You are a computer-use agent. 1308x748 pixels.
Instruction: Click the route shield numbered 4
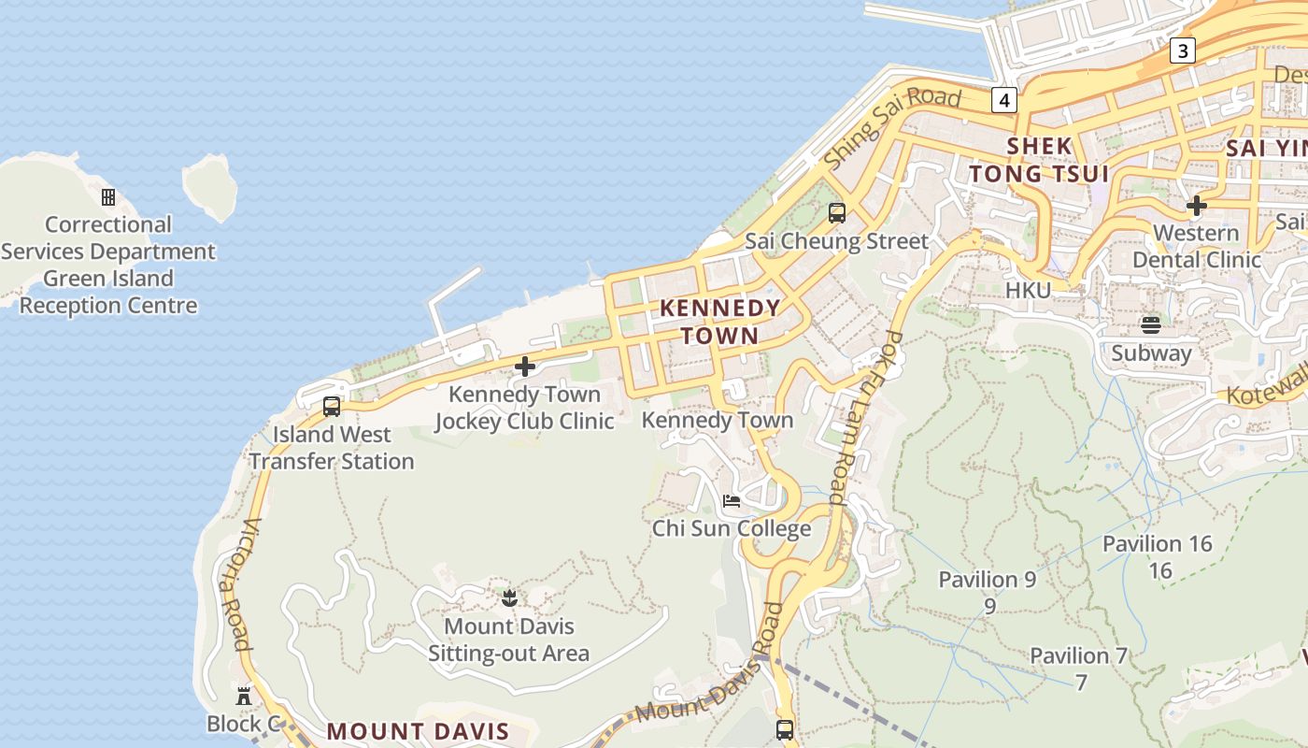click(1004, 100)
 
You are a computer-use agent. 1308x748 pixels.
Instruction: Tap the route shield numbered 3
click(1183, 50)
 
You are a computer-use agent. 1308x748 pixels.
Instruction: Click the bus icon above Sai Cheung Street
click(837, 213)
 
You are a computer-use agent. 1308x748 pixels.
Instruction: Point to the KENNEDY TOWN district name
click(719, 322)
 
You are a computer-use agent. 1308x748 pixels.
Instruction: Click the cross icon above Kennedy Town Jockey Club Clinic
click(525, 367)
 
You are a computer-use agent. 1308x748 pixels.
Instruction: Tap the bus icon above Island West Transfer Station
click(331, 407)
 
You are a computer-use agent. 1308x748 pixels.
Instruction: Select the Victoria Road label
click(235, 584)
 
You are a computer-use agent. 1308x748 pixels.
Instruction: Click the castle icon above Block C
click(244, 697)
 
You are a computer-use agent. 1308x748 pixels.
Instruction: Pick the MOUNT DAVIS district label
click(418, 731)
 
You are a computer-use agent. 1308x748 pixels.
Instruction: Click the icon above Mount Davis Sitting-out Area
click(509, 597)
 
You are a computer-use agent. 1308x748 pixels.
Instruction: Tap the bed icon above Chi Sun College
click(732, 501)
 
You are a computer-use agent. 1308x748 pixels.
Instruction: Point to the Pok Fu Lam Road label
click(865, 418)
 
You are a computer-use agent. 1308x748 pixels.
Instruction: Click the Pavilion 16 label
click(1157, 544)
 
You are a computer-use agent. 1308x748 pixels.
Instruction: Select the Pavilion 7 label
click(1079, 656)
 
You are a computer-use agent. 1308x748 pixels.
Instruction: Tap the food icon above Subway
click(1151, 325)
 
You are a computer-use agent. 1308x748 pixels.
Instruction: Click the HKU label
click(1028, 291)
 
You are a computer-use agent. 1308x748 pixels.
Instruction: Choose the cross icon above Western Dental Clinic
click(1196, 206)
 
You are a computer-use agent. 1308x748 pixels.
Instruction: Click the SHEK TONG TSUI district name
click(1039, 160)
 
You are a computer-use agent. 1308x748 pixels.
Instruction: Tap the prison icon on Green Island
click(108, 197)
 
